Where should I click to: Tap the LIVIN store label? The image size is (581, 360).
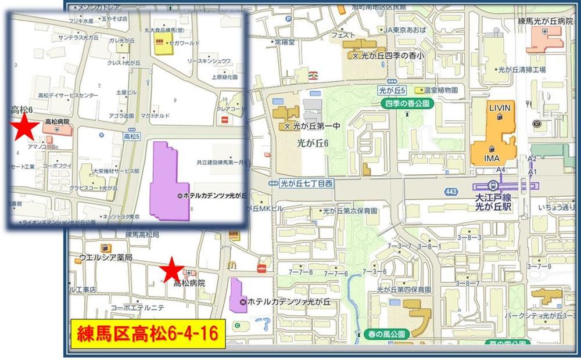(499, 109)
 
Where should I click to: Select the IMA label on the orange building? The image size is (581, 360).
(493, 158)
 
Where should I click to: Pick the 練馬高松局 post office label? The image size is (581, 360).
(142, 235)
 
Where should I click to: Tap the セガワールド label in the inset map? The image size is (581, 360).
(183, 43)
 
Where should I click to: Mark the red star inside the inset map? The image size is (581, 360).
(24, 127)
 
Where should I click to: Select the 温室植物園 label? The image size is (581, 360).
(441, 90)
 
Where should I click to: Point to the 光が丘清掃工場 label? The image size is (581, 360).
(522, 69)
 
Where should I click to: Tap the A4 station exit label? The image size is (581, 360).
(500, 170)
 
